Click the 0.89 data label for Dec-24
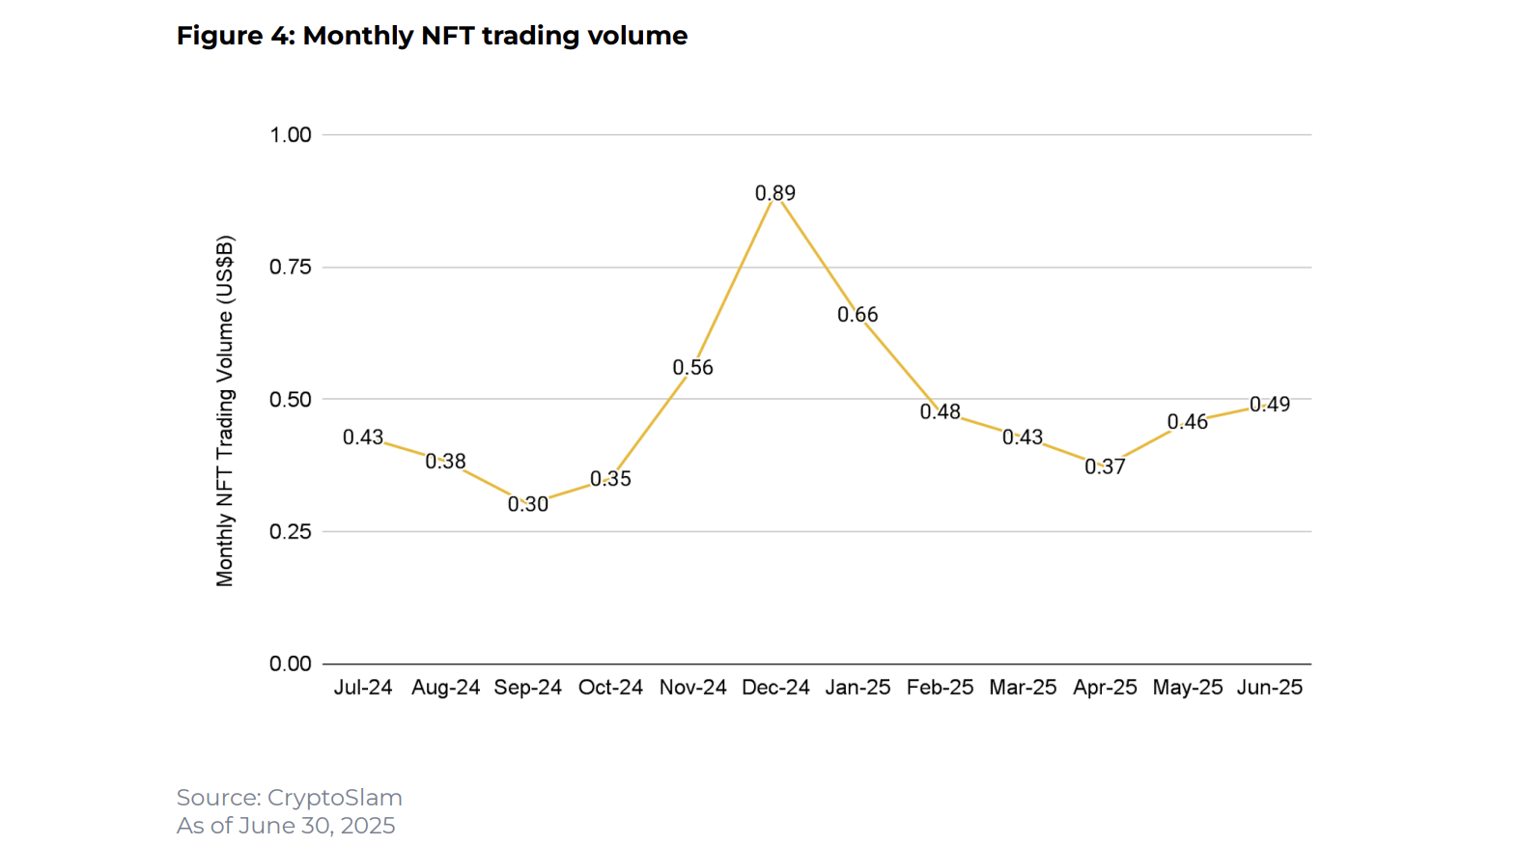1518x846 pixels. (775, 193)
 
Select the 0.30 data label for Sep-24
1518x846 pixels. (528, 504)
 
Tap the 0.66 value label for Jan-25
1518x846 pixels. (857, 315)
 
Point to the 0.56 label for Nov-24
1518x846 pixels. (692, 368)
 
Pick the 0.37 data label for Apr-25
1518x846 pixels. (1105, 467)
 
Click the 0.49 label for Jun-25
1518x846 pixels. (1270, 405)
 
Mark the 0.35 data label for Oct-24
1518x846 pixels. (610, 479)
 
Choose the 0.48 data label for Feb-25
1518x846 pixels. (940, 412)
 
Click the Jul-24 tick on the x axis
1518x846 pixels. (363, 688)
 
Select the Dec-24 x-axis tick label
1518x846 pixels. (775, 688)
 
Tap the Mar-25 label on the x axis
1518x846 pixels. (1023, 688)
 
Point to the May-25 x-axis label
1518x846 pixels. (1188, 688)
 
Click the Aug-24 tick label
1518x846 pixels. (445, 688)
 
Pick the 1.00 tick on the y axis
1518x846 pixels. (291, 135)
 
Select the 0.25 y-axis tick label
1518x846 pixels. (291, 532)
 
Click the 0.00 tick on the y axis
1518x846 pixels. (291, 664)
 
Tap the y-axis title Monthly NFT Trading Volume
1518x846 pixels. (225, 410)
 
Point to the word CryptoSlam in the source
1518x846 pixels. (334, 798)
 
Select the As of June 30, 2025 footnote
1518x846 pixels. (286, 826)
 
